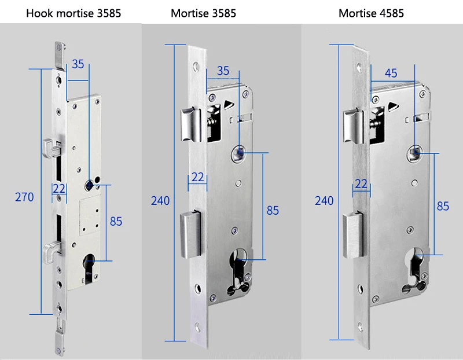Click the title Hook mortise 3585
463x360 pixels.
coord(74,13)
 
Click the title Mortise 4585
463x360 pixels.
coord(371,13)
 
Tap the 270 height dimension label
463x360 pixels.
coord(24,197)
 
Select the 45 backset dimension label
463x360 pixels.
coord(391,73)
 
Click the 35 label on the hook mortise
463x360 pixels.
coord(78,64)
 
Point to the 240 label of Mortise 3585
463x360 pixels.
coord(160,201)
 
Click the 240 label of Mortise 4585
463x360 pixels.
coord(324,201)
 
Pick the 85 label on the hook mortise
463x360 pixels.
coord(116,221)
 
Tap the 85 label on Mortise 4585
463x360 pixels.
coord(443,206)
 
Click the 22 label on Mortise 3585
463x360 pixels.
coord(197,177)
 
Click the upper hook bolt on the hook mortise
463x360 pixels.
coord(52,148)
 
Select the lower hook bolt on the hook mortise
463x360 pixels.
coord(52,251)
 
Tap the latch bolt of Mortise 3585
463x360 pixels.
coord(191,124)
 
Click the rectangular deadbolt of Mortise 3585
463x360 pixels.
coord(191,234)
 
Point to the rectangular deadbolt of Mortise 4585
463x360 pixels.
coord(353,236)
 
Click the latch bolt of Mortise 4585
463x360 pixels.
coord(353,126)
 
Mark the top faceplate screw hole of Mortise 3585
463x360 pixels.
coord(196,67)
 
